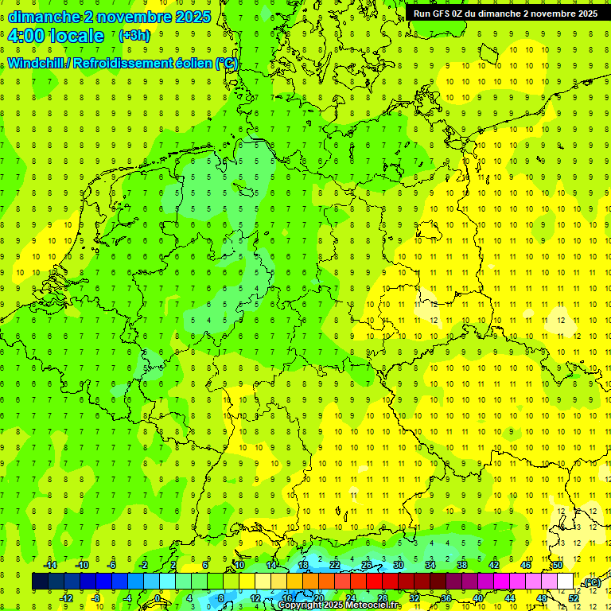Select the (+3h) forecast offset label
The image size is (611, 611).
(133, 36)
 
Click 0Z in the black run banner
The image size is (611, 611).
(462, 14)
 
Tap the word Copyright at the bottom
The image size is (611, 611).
(301, 605)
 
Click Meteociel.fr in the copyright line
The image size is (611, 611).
(375, 605)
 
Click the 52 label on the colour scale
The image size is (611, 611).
(574, 598)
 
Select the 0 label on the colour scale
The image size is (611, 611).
(158, 598)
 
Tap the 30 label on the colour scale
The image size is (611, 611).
(399, 565)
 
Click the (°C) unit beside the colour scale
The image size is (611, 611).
(591, 582)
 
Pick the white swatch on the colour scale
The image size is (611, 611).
(565, 582)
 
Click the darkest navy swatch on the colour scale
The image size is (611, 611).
(40, 582)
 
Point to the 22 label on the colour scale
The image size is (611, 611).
(335, 565)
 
